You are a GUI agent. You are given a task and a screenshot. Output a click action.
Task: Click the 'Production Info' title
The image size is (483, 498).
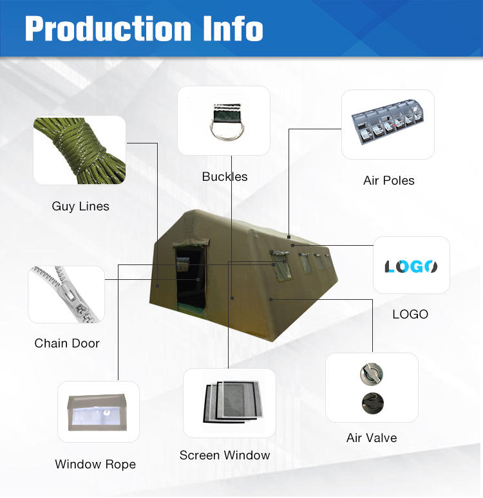(144, 28)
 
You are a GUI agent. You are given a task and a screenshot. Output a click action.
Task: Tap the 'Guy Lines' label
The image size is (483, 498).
(80, 207)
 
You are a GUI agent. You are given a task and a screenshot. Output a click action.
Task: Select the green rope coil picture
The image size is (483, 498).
(79, 150)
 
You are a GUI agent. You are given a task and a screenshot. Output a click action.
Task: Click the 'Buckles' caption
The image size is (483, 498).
(224, 176)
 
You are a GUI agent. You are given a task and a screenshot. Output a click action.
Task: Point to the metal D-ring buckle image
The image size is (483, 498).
(223, 121)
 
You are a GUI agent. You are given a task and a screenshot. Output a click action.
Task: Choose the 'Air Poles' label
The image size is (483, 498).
(388, 180)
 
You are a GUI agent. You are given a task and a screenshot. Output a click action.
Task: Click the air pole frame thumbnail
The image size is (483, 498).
(388, 124)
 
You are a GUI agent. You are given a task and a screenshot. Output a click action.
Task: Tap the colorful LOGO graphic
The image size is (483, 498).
(411, 266)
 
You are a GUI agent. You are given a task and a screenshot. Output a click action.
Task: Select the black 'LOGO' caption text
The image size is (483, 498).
(410, 314)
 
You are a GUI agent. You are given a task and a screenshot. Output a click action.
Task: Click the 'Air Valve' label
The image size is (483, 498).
(372, 438)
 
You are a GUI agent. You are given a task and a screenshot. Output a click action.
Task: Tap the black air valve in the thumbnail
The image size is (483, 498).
(371, 403)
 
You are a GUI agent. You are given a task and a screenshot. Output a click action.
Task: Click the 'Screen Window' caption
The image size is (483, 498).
(225, 455)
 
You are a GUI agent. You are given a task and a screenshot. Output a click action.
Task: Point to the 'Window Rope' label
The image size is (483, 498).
(95, 464)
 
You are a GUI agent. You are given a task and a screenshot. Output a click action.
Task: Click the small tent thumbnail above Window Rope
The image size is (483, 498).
(98, 412)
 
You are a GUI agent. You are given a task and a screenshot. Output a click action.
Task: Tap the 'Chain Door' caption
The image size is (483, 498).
(67, 343)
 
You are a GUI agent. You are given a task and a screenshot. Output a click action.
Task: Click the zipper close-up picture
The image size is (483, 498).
(66, 294)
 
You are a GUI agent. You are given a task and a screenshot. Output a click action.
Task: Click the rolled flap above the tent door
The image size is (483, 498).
(191, 243)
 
